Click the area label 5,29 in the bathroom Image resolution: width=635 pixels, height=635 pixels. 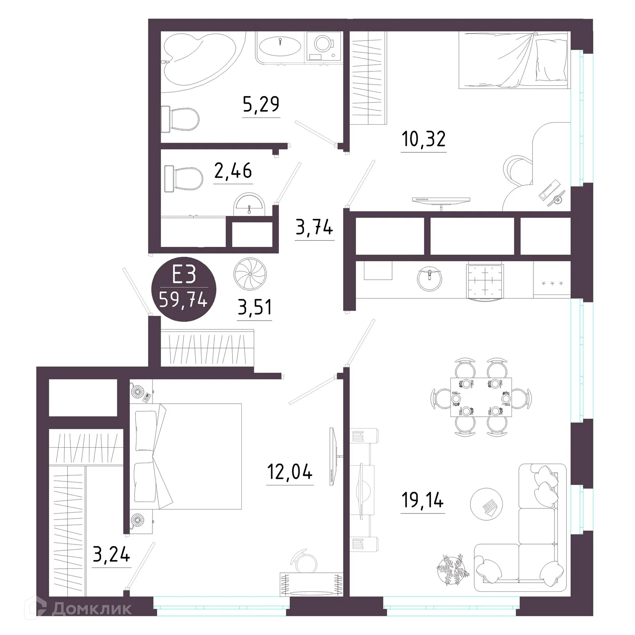point(261,104)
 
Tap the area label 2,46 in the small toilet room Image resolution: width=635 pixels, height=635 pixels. point(233,171)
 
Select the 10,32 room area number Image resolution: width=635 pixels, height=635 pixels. point(423,139)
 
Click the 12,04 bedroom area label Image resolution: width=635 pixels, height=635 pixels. point(290,472)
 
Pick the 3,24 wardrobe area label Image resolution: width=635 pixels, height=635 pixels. point(112,554)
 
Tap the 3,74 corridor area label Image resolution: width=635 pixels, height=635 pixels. point(314,228)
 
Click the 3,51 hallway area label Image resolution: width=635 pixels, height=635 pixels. point(254,307)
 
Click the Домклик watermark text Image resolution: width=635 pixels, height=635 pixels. point(92,608)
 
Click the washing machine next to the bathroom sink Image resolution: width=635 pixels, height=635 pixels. point(323,47)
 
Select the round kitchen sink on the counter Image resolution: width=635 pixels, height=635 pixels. point(429,278)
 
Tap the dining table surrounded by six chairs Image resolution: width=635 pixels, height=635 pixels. point(481,397)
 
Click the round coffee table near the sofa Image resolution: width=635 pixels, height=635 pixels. point(486,505)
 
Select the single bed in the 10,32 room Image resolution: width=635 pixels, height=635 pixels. point(514,60)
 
